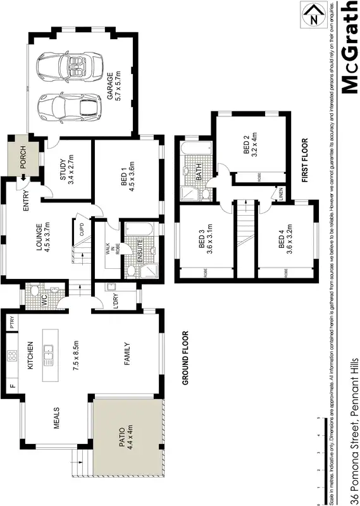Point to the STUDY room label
pyautogui.click(x=63, y=168)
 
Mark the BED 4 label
pyautogui.click(x=281, y=242)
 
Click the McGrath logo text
pyautogui.click(x=348, y=47)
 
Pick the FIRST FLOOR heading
pyautogui.click(x=304, y=161)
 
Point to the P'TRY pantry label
pyautogui.click(x=12, y=323)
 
